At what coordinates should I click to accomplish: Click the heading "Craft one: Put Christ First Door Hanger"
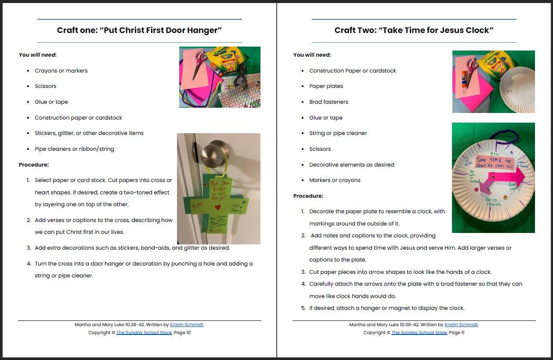click(139, 30)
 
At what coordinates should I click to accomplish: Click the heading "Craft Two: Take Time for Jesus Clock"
click(414, 30)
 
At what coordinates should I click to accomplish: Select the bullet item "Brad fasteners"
click(329, 102)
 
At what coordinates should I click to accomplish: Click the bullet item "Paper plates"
click(326, 86)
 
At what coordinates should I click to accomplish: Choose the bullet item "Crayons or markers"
click(61, 71)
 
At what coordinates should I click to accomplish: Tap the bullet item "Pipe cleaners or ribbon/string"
click(74, 149)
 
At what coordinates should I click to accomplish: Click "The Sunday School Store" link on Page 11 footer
click(419, 333)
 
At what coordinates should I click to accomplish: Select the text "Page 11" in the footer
click(456, 333)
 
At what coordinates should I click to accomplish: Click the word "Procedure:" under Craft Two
click(308, 196)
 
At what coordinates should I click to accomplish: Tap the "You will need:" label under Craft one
click(38, 55)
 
